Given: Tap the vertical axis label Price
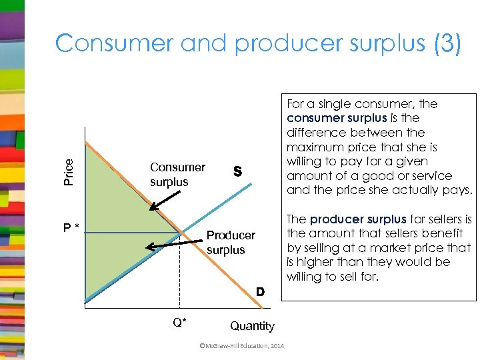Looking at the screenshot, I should [68, 171].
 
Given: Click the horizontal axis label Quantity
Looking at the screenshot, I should [252, 326].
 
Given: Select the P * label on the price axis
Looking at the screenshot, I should [71, 228].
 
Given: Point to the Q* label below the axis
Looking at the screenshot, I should [179, 323].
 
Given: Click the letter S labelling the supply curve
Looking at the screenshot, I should [236, 172].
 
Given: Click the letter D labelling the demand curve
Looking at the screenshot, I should [261, 292].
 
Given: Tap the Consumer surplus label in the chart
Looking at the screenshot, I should [177, 175].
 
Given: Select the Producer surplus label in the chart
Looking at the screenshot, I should [230, 243].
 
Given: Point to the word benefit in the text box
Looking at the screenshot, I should [447, 233].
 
